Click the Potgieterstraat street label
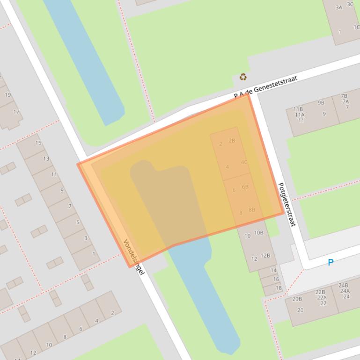coord(287,205)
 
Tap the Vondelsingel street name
coord(133,257)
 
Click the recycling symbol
coord(243,77)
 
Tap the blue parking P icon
coord(331,263)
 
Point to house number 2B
coord(232,140)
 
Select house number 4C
coord(244,162)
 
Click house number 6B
coord(245,187)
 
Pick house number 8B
coord(252,209)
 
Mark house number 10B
coord(258,232)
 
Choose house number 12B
coord(265,255)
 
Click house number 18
coord(279,288)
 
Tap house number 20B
coord(297,299)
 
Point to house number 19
coord(8,95)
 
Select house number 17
coord(16,112)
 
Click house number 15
coord(38,143)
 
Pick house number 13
coord(46,158)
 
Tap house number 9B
coord(321,102)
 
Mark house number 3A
coord(339,7)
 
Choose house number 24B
coord(343,285)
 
